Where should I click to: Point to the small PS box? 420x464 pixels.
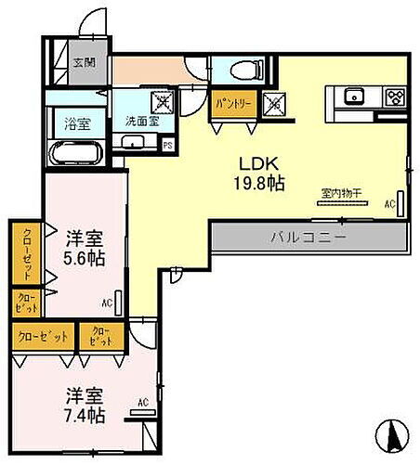point(167,144)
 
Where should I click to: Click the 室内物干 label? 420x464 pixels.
point(341,193)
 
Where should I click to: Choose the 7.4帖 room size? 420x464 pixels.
point(85,413)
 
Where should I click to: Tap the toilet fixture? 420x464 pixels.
point(245,70)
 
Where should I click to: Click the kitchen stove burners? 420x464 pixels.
point(394,95)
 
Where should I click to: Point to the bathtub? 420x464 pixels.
point(75,150)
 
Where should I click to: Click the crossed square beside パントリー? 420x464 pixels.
point(275,104)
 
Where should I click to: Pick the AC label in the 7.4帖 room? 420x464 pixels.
point(143,402)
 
